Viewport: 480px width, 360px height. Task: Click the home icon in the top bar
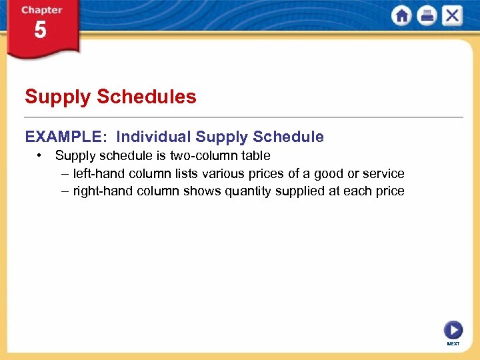(402, 16)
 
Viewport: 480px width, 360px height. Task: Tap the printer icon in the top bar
(427, 16)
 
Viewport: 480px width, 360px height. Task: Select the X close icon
(452, 16)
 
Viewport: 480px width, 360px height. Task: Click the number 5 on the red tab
(41, 31)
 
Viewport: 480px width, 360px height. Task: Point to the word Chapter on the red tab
(41, 10)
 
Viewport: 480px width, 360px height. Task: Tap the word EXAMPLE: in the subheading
(65, 137)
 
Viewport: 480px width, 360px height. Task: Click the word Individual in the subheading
(153, 137)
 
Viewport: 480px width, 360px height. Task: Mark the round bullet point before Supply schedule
(41, 155)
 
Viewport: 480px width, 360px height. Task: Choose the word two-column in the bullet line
(210, 155)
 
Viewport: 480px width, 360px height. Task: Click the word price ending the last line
(389, 191)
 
